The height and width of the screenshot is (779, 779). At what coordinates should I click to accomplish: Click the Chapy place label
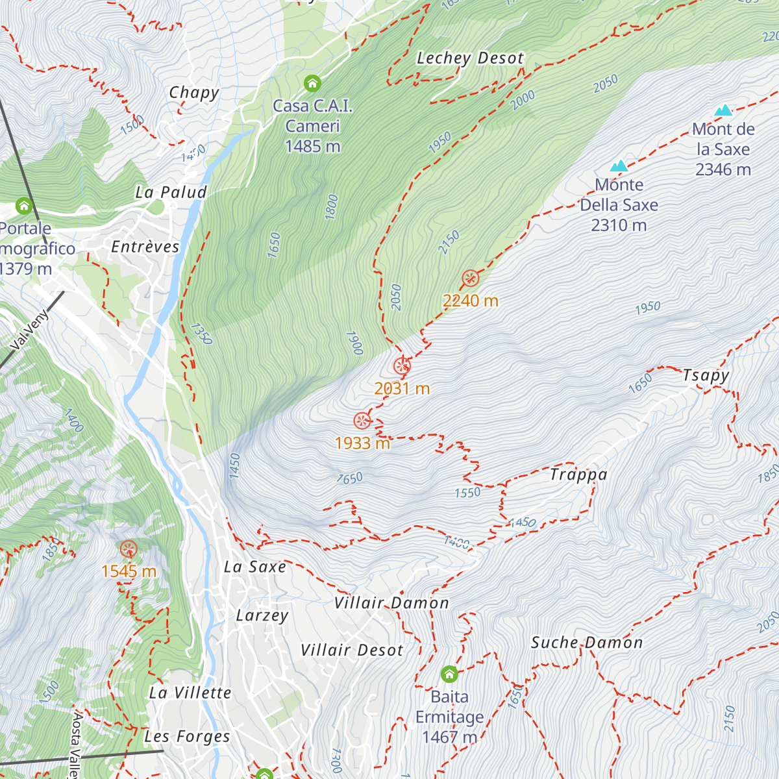pos(194,93)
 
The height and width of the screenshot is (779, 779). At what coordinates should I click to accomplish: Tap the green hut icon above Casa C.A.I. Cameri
pos(312,83)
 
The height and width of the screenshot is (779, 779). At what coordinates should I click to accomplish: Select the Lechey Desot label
pos(470,58)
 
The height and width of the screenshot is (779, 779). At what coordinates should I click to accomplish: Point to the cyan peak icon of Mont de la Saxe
pos(723,110)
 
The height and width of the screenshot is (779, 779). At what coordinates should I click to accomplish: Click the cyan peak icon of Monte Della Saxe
pos(619,166)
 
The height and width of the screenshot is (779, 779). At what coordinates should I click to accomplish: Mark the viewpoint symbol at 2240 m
pos(471,278)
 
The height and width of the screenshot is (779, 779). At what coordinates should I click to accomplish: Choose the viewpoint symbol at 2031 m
pos(402,366)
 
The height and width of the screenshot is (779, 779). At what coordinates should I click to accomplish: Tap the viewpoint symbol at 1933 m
pos(362,421)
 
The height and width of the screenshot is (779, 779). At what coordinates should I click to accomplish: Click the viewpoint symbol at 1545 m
pos(129,549)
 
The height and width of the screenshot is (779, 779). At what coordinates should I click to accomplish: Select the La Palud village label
pos(171,192)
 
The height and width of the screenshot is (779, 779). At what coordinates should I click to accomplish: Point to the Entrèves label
pos(145,247)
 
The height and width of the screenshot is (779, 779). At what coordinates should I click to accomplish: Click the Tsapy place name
pos(706,375)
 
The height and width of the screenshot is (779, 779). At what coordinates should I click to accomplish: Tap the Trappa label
pos(578,475)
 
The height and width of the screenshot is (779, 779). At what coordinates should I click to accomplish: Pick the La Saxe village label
pos(255,567)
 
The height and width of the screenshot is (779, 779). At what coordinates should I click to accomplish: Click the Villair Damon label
pos(391,603)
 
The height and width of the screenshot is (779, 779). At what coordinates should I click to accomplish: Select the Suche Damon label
pos(587,643)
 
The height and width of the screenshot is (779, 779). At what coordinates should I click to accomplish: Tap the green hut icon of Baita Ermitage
pos(449,674)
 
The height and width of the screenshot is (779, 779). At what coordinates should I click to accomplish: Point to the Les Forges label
pos(187,736)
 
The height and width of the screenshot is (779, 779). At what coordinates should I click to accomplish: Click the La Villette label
pos(190,693)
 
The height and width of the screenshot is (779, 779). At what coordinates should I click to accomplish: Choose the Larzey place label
pos(262,615)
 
